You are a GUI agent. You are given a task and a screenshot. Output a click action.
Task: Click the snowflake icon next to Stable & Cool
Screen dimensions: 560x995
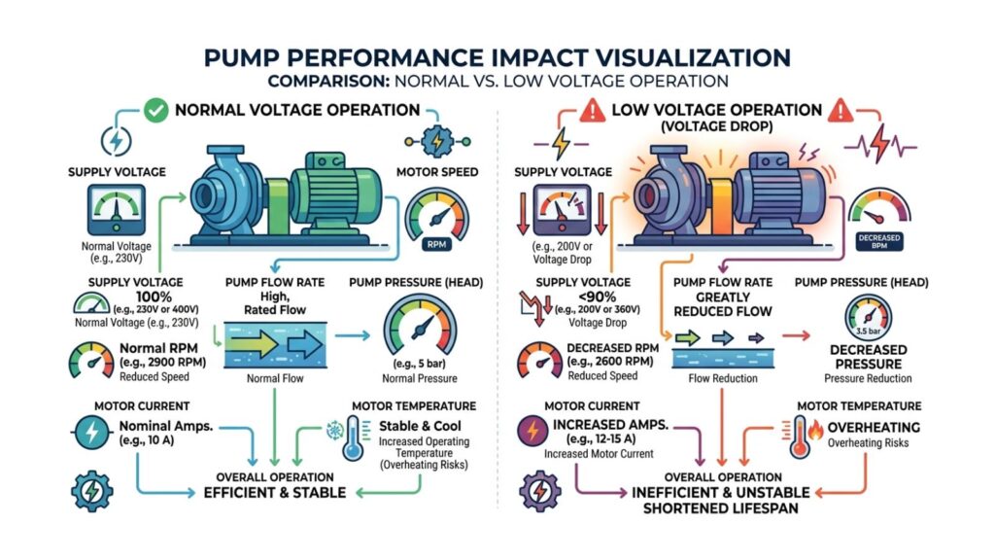coord(333,430)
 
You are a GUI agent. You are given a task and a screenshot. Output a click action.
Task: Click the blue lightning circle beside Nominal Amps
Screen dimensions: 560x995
coord(89,429)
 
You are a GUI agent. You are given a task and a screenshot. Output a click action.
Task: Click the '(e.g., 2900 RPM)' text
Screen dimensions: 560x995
coord(161,362)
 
